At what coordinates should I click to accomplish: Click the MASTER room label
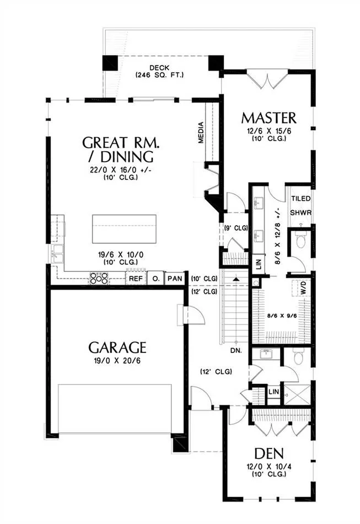[x=268, y=118]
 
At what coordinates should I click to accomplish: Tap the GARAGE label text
[x=117, y=347]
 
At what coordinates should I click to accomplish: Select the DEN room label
[x=269, y=454]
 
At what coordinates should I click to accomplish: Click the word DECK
[x=159, y=68]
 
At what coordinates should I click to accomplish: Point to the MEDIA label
[x=201, y=133]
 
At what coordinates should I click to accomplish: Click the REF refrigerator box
[x=136, y=279]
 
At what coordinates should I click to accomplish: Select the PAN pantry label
[x=175, y=278]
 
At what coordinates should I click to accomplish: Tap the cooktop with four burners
[x=99, y=278]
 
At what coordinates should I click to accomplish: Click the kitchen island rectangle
[x=124, y=229]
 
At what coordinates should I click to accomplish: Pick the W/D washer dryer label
[x=303, y=287]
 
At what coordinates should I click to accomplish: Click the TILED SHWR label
[x=300, y=206]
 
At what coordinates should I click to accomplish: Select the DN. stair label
[x=236, y=351]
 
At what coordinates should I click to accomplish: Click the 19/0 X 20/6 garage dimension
[x=117, y=361]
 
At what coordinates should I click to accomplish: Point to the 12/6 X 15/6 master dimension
[x=269, y=131]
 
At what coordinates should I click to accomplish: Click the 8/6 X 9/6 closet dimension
[x=282, y=315]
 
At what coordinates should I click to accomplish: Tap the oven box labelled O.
[x=155, y=279]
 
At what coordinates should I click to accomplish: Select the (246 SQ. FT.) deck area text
[x=159, y=75]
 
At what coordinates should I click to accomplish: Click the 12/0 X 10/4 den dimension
[x=269, y=467]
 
